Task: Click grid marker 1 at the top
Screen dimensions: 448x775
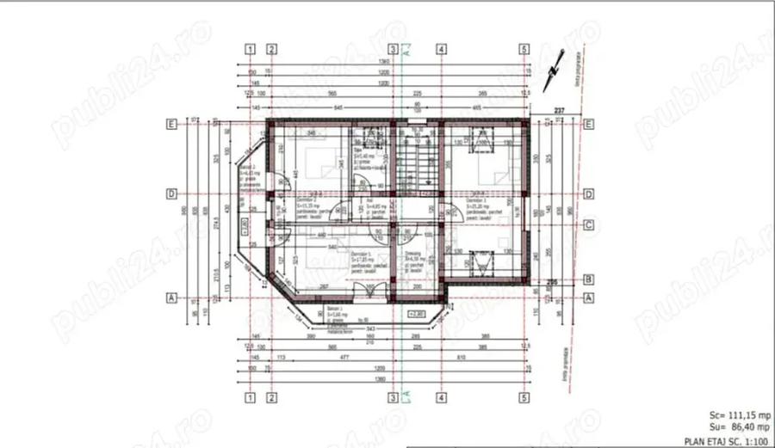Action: (x=250, y=49)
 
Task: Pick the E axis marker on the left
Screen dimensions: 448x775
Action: (x=172, y=124)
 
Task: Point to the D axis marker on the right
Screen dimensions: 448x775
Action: (x=589, y=194)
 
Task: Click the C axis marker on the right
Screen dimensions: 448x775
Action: (x=589, y=225)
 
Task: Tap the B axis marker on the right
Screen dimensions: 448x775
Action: (x=589, y=280)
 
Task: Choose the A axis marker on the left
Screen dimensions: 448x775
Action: (x=172, y=298)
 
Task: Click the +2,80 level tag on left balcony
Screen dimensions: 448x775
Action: (x=244, y=229)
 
